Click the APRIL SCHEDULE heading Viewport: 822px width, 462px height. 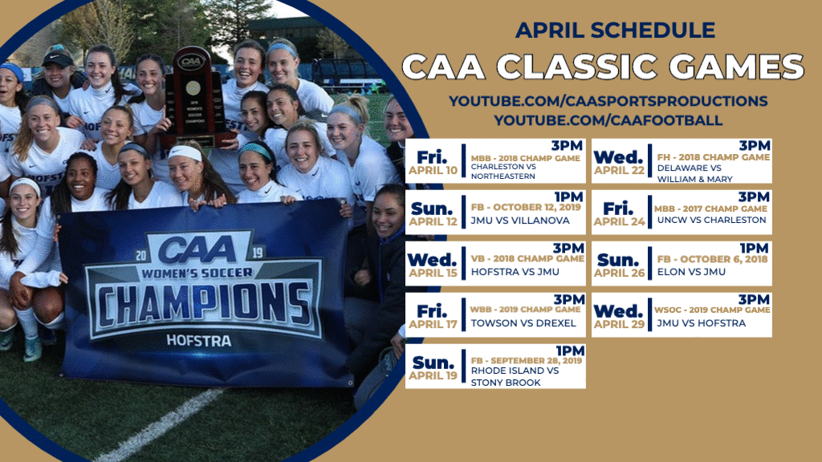tap(615, 30)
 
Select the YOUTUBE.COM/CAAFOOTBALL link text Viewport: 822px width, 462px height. tap(608, 120)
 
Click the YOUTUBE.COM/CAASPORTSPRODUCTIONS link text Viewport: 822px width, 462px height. tap(608, 101)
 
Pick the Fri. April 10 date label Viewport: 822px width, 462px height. tap(433, 163)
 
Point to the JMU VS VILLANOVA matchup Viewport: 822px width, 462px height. tap(520, 221)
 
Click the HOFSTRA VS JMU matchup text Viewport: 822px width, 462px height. tap(515, 272)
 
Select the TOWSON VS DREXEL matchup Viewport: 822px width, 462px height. tap(523, 323)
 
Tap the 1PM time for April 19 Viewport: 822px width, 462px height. tap(570, 351)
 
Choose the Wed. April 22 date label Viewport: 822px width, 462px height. tap(619, 163)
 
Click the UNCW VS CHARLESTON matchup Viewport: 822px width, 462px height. tap(711, 220)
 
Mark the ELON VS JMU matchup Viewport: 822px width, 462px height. tap(691, 272)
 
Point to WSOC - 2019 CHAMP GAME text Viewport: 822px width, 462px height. tap(712, 310)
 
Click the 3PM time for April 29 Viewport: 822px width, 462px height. tap(754, 299)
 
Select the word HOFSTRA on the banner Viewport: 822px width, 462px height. tap(199, 341)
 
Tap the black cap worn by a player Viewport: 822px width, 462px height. tap(57, 59)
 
